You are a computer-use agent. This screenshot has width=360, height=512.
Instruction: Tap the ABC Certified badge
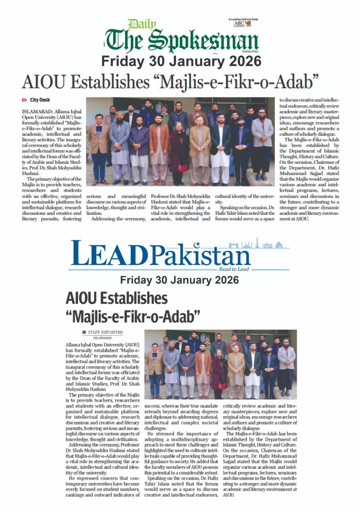click(x=239, y=24)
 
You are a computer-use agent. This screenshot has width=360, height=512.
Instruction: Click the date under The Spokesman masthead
click(x=181, y=61)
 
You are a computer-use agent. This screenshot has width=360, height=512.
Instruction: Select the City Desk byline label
click(x=40, y=100)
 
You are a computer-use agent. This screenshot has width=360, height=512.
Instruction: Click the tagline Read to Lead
click(x=234, y=269)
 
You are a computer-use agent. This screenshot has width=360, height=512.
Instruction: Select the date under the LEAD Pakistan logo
click(x=179, y=280)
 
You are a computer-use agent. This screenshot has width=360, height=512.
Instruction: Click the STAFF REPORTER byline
click(x=105, y=332)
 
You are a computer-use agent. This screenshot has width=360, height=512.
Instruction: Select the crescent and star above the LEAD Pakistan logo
click(x=197, y=245)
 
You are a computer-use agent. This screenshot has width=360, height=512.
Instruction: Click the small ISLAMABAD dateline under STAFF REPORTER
click(x=102, y=338)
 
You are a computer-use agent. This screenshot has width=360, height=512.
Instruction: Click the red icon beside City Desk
click(x=24, y=100)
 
